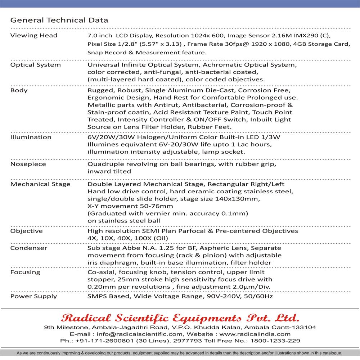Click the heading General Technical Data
coord(59,20)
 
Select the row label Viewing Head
coord(34,36)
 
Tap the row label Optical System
coord(36,65)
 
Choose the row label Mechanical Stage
coord(40,184)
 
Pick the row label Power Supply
coord(33,296)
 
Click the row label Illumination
coord(31,137)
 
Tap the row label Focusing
coord(25,272)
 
